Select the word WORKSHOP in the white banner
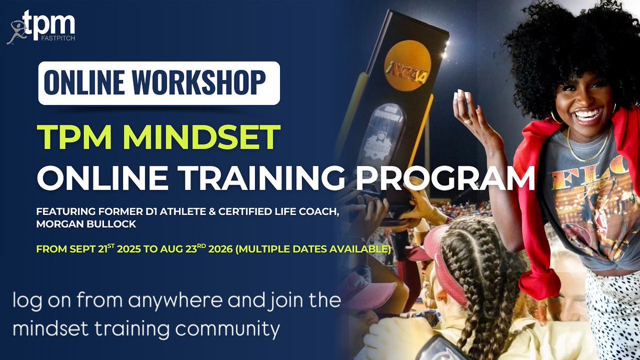(205, 82)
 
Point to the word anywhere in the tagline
(159, 302)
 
